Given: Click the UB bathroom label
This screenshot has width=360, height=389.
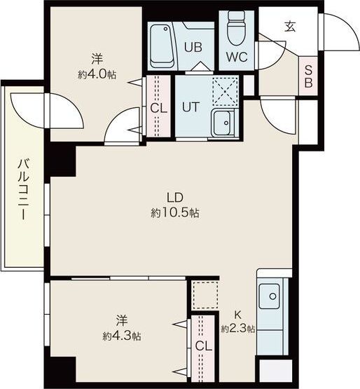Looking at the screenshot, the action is click(193, 47).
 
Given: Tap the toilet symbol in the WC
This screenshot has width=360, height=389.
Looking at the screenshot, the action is click(236, 27).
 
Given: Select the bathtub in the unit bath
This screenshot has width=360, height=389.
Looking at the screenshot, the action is click(162, 46).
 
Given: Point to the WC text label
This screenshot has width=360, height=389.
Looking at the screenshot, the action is click(237, 57).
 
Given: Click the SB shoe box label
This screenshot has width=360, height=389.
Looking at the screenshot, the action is click(308, 76).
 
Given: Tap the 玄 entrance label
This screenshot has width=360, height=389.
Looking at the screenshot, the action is click(290, 27).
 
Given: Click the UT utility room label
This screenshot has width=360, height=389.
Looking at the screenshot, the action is click(191, 107).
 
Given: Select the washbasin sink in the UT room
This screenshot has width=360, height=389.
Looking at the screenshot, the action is click(223, 123).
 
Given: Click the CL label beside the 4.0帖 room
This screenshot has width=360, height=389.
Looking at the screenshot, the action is click(159, 109).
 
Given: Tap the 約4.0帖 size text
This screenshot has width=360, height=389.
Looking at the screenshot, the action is click(97, 74).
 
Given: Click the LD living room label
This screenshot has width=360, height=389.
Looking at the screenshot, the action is click(175, 198).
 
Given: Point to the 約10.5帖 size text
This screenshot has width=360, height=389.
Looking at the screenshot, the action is click(175, 212).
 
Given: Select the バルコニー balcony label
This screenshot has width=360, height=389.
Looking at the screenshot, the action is click(24, 189).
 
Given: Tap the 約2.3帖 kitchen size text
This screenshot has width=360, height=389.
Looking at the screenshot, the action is click(237, 329).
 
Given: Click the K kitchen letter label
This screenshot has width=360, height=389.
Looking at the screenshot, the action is click(237, 315).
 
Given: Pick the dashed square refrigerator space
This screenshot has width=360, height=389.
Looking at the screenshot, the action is click(205, 295).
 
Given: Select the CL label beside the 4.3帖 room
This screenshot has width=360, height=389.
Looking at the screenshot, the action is click(204, 346).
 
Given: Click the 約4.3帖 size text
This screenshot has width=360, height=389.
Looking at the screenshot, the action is click(122, 336).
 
